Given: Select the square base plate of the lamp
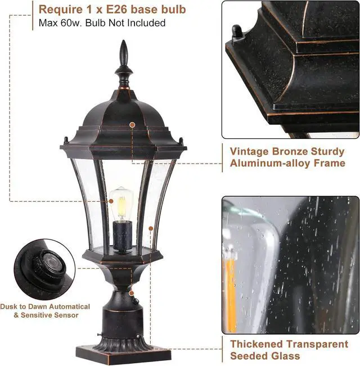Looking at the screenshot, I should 123,353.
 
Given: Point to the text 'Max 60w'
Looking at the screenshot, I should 58,23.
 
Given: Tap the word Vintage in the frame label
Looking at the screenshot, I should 251,151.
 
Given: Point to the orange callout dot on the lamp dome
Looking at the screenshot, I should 132,124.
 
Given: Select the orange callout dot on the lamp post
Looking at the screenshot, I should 131,293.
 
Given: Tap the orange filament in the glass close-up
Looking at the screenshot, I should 231,292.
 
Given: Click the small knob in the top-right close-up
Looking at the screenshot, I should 237,33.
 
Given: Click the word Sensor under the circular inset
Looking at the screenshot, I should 65,315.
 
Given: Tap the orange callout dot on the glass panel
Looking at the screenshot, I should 151,228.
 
